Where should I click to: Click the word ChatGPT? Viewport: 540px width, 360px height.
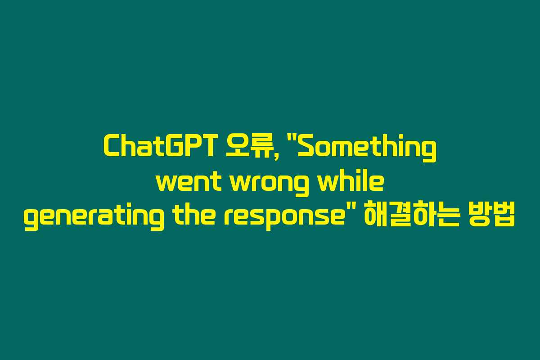(158, 146)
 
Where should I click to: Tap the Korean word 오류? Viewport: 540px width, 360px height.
(252, 146)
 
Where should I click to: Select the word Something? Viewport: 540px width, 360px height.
(367, 148)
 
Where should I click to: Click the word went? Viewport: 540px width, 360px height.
(189, 182)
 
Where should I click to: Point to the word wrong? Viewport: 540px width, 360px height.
(269, 184)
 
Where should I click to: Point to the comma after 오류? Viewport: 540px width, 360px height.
(275, 157)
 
